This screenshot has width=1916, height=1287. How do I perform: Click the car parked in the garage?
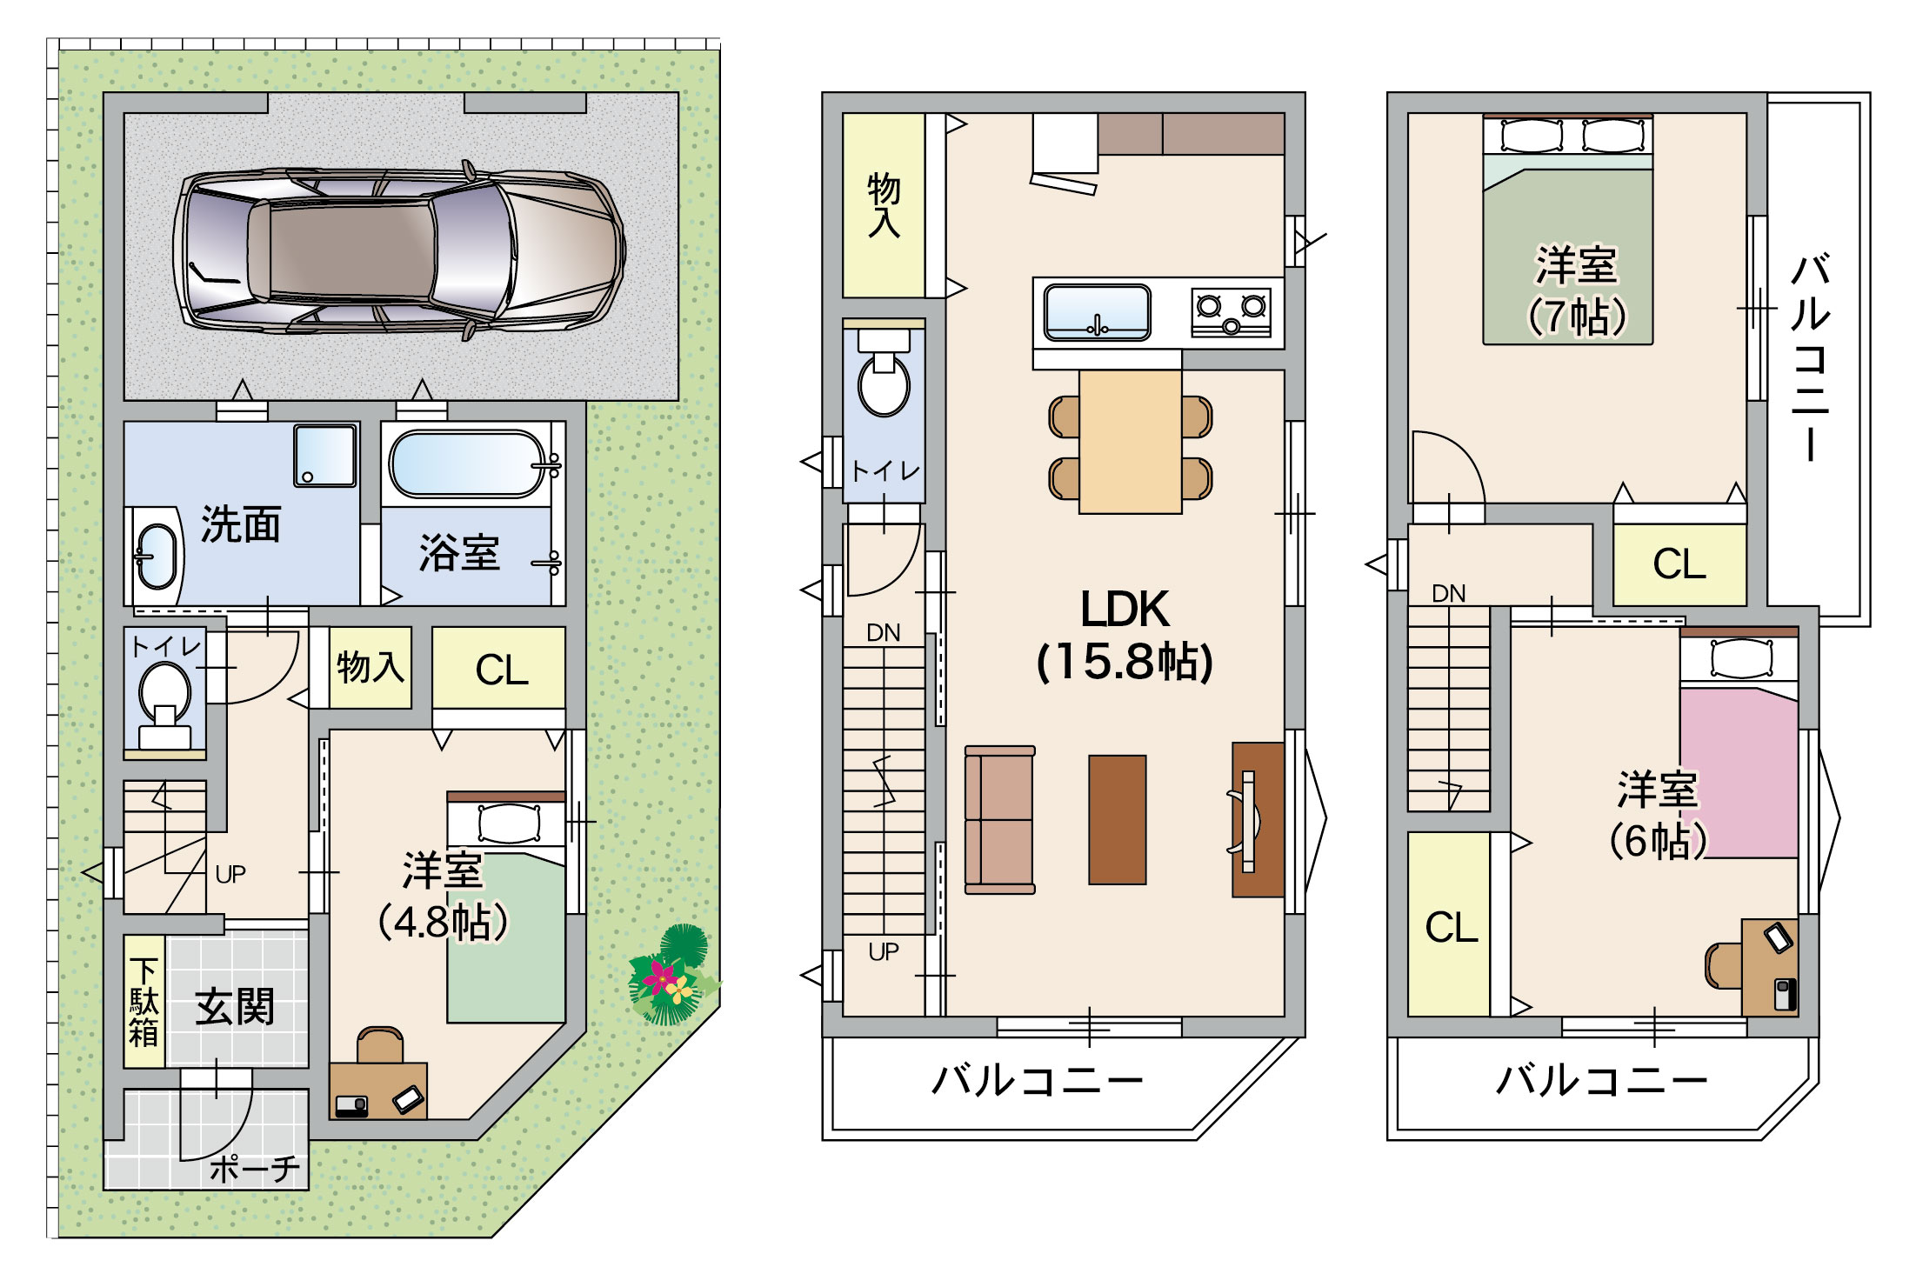pos(399,250)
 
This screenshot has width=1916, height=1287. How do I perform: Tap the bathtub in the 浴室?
pos(469,464)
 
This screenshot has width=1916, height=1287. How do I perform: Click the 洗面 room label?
pos(241,524)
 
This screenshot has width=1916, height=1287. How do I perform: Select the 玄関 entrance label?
pos(234,1007)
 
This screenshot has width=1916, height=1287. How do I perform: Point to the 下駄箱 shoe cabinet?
pos(144,1001)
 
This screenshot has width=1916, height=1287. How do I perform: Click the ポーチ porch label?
pos(256,1169)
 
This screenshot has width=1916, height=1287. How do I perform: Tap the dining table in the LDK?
pos(1130,442)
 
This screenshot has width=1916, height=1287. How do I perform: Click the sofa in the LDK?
pos(999,819)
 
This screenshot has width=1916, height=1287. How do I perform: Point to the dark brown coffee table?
pos(1117,819)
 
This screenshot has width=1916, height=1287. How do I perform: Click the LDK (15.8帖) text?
pos(1125,635)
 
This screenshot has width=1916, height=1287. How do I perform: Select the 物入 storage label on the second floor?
pos(883,205)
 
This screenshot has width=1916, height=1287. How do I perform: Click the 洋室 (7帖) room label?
pos(1576,290)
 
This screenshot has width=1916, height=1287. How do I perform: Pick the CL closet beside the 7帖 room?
pos(1679,563)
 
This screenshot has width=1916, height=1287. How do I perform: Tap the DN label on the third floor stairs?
pos(1448,594)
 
